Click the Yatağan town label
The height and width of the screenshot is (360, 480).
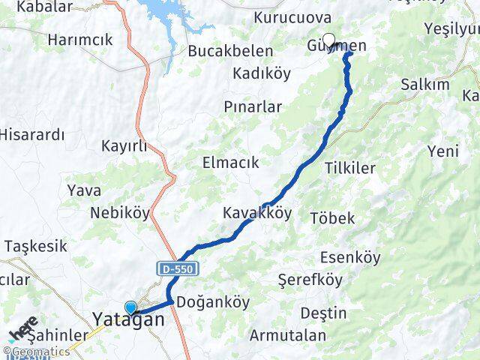[x=128, y=319]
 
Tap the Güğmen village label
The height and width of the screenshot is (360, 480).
[x=337, y=46]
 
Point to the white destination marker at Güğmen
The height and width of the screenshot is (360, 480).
[x=328, y=40]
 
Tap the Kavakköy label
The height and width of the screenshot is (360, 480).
[x=257, y=213]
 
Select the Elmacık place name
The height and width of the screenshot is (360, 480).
[x=230, y=162]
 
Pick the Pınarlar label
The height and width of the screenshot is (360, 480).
[x=253, y=106]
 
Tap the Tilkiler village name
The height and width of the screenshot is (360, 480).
[x=350, y=168]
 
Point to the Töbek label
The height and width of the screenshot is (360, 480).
[x=332, y=218]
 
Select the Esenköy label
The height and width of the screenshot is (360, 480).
[x=348, y=258]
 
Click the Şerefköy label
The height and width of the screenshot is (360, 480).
[x=310, y=280]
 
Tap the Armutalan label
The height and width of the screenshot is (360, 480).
[x=289, y=334]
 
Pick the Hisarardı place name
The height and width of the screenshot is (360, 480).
[x=32, y=135]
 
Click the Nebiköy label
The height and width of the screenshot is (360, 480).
[x=120, y=213]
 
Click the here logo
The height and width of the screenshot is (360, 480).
[x=24, y=330]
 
